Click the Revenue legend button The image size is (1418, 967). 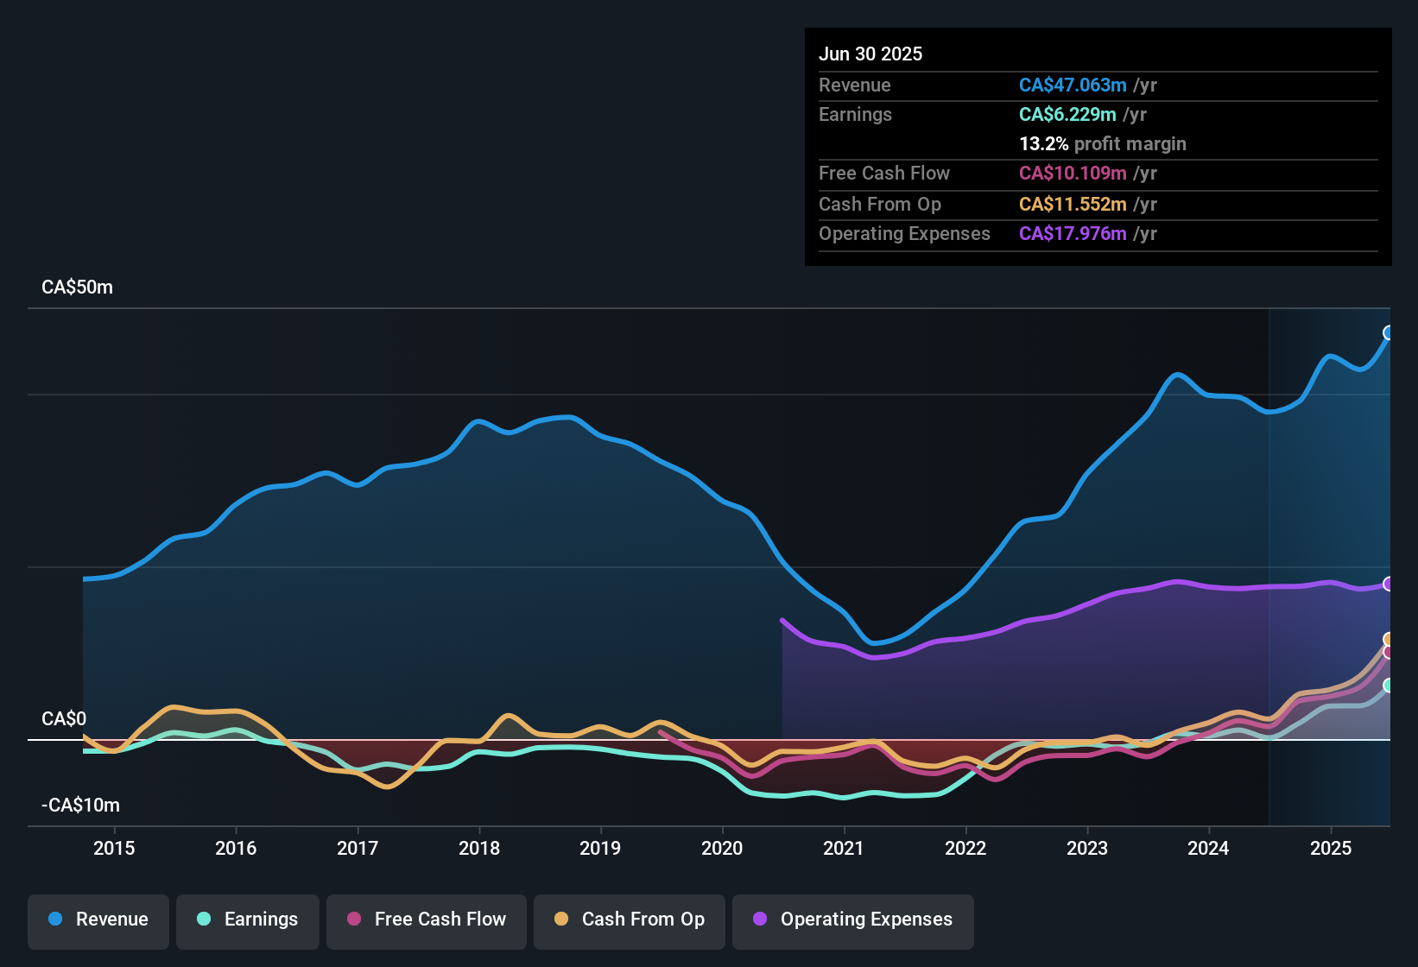pyautogui.click(x=98, y=920)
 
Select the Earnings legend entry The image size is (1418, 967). pyautogui.click(x=248, y=920)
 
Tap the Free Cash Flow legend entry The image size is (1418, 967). pyautogui.click(x=427, y=920)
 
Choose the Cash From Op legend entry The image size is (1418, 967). pyautogui.click(x=630, y=920)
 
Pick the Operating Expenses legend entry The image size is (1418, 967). pyautogui.click(x=853, y=920)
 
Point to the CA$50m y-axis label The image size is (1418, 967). pyautogui.click(x=77, y=288)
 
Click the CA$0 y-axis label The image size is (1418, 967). pyautogui.click(x=64, y=719)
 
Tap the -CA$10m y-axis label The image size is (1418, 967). pyautogui.click(x=80, y=806)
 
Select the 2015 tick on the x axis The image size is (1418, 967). pyautogui.click(x=114, y=848)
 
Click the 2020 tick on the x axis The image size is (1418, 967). pyautogui.click(x=722, y=848)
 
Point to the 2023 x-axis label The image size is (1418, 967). pyautogui.click(x=1087, y=848)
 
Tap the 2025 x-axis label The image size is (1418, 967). pyautogui.click(x=1331, y=848)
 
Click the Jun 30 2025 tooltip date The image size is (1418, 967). pyautogui.click(x=870, y=54)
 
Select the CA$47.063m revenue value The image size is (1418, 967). pyautogui.click(x=1073, y=85)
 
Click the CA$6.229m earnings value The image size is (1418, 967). pyautogui.click(x=1067, y=114)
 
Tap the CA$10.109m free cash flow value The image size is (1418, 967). pyautogui.click(x=1073, y=173)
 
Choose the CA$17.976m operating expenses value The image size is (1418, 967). pyautogui.click(x=1073, y=233)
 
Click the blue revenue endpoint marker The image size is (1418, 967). pyautogui.click(x=1389, y=332)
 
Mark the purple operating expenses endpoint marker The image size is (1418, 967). pyautogui.click(x=1389, y=584)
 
